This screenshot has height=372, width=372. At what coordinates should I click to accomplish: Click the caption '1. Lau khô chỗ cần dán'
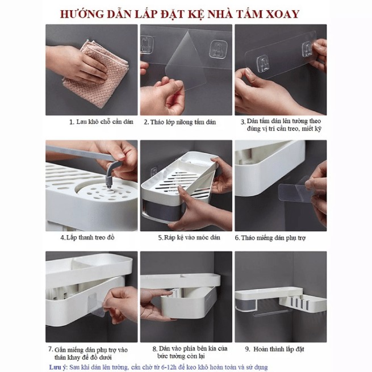coord(101,122)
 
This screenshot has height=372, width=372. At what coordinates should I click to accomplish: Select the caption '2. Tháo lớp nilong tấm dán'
coord(180,122)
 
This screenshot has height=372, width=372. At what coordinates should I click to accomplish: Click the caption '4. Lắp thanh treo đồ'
coord(87,237)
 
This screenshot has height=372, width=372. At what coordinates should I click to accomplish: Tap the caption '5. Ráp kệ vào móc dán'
coord(189,237)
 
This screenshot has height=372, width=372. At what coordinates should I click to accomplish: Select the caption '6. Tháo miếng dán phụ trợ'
coord(270,238)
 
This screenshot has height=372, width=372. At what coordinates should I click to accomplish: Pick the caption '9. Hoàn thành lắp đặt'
coord(274,349)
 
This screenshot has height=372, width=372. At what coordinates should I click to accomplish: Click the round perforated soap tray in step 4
coord(105,191)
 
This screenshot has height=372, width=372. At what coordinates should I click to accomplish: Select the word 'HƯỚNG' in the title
coord(81,14)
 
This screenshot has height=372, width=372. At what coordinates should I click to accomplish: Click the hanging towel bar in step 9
coord(270,313)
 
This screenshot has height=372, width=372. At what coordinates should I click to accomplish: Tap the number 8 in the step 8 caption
coord(154,349)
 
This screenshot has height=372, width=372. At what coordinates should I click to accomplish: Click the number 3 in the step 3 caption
coord(243,122)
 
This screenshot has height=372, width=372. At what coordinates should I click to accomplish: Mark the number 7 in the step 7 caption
coord(51,349)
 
